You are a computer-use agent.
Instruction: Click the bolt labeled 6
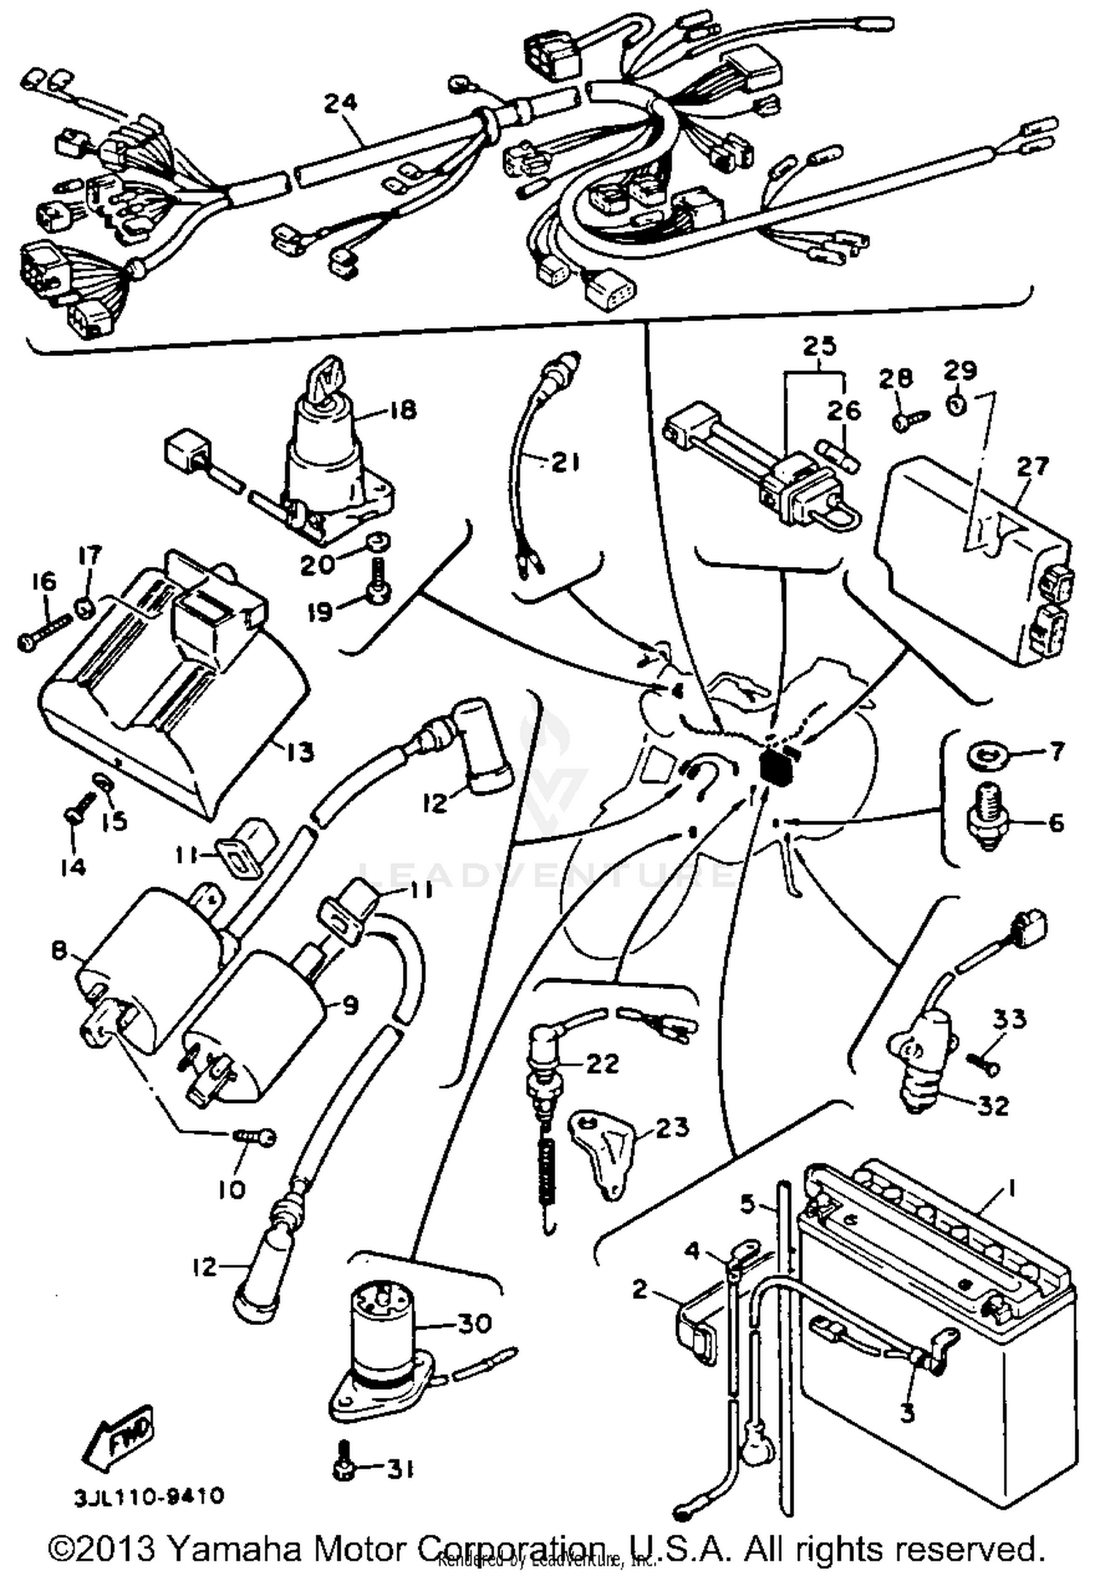click(985, 817)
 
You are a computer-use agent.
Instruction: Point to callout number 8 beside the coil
click(58, 951)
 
